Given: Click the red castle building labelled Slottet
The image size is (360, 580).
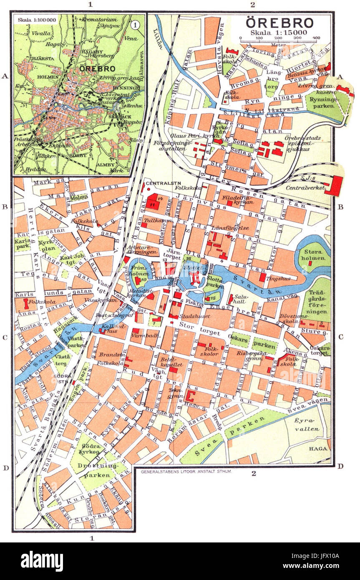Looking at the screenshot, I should coord(194,277).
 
